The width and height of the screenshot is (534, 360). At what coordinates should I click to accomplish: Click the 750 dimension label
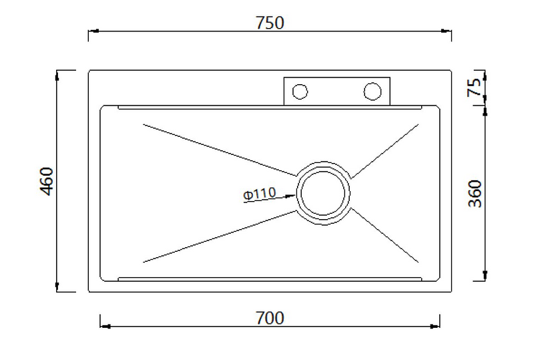click(270, 23)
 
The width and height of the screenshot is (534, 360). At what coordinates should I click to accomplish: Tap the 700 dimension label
click(270, 318)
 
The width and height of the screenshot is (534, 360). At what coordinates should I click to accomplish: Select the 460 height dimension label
click(47, 182)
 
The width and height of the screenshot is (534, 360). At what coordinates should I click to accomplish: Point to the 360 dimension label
click(475, 194)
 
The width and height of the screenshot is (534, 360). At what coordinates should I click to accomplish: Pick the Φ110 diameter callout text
click(260, 194)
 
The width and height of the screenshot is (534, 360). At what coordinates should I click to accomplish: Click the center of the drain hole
click(324, 193)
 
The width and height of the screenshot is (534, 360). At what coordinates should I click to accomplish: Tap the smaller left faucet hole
click(300, 92)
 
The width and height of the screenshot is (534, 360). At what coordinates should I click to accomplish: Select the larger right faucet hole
click(372, 92)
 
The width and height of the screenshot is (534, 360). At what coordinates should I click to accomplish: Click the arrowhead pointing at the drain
click(290, 196)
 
